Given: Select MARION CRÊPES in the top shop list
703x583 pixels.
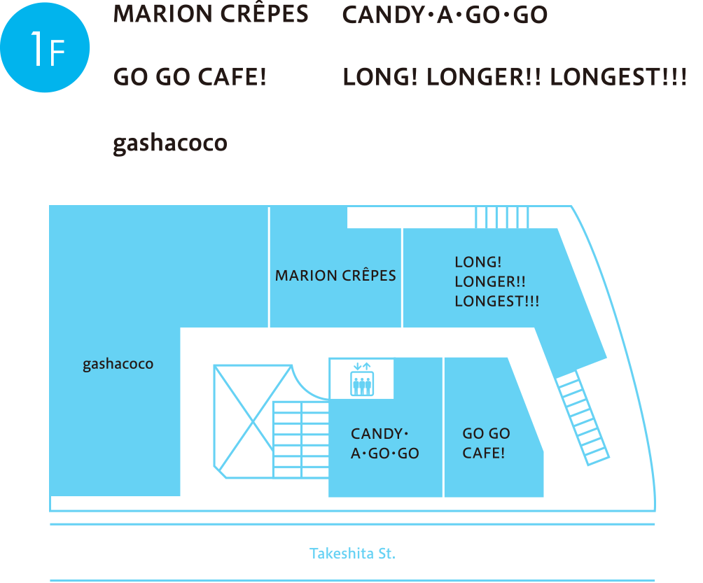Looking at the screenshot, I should (210, 15).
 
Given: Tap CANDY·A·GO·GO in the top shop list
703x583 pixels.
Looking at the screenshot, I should (445, 15).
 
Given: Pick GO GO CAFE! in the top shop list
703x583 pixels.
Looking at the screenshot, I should (190, 76).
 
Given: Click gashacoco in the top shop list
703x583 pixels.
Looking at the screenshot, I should (170, 143).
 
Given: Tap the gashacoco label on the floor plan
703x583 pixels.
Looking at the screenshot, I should (118, 365).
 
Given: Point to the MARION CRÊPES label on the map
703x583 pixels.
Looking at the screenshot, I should (335, 276).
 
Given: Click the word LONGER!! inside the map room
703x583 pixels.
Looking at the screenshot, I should (490, 282).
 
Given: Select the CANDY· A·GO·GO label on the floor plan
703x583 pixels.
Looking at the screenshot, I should (384, 444).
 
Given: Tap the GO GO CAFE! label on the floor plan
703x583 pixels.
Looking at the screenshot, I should (486, 443).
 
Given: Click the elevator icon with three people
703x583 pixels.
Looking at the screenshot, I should (362, 379).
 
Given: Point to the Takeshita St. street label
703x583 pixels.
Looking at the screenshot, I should (352, 554).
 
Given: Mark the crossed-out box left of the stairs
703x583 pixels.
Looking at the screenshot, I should (252, 420).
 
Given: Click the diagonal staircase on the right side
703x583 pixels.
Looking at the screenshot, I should (583, 418).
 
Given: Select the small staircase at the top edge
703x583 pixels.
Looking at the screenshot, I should (502, 217).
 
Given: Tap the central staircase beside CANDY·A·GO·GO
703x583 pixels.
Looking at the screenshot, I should (300, 440).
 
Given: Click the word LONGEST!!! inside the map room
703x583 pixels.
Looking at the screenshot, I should (496, 302).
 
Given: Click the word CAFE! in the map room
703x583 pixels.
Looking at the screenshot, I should (483, 453).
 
